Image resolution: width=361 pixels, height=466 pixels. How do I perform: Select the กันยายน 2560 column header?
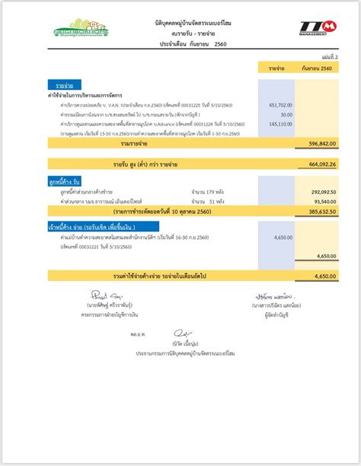(315, 69)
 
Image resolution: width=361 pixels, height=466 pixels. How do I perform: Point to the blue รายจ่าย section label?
(53, 86)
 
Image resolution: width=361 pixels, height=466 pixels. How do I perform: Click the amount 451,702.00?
(280, 104)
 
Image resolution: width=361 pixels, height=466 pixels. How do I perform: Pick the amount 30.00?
(286, 114)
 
